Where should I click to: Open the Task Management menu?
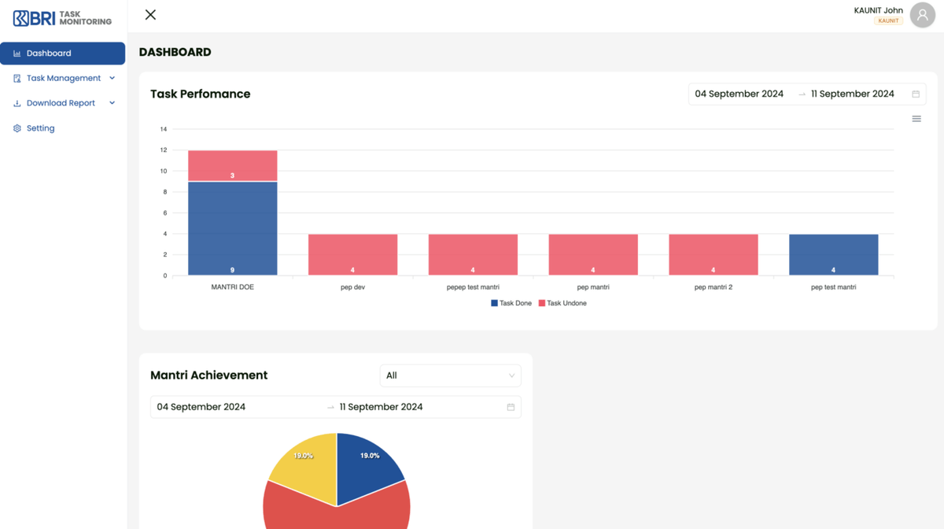pyautogui.click(x=63, y=79)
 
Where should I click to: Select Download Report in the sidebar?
pyautogui.click(x=61, y=103)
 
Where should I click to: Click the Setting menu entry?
pyautogui.click(x=40, y=128)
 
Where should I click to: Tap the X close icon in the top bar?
pyautogui.click(x=150, y=15)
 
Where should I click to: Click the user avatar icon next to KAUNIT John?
pyautogui.click(x=922, y=15)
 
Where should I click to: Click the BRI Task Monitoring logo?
pyautogui.click(x=63, y=17)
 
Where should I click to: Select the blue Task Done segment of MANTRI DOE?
pyautogui.click(x=232, y=228)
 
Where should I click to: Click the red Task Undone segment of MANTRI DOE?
pyautogui.click(x=232, y=165)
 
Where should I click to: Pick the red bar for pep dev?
pyautogui.click(x=352, y=254)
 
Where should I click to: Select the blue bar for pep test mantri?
pyautogui.click(x=833, y=254)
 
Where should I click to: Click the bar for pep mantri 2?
pyautogui.click(x=713, y=254)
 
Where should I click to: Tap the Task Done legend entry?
pyautogui.click(x=511, y=303)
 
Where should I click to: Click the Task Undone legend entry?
pyautogui.click(x=562, y=303)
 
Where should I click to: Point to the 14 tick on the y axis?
pyautogui.click(x=164, y=129)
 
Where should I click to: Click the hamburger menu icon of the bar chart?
pyautogui.click(x=916, y=119)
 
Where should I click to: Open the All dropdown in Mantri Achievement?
pyautogui.click(x=450, y=375)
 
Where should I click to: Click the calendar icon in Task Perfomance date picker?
pyautogui.click(x=916, y=94)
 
